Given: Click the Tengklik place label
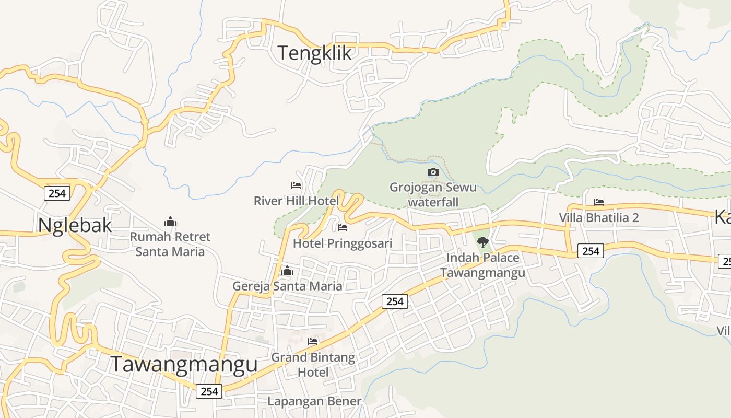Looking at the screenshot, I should coord(314,53).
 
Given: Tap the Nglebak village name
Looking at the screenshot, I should coord(75,225).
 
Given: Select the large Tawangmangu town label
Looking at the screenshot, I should coord(184,365).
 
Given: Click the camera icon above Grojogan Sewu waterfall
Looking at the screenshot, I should coord(433,172).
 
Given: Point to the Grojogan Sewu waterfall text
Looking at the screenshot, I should coord(433,194).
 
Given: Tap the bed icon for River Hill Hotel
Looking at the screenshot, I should coord(296,185).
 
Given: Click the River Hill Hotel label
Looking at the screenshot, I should coord(296,201).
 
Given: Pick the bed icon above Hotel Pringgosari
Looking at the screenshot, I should coord(343,228).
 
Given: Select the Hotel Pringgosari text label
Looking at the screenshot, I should coord(343,243).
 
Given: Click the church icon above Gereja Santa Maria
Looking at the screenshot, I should coord(287,271).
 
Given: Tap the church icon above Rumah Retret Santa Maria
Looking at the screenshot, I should coord(170,222).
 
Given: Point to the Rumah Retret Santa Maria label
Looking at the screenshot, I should coord(170,244).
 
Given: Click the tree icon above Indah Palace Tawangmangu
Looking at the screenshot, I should coord(482,242).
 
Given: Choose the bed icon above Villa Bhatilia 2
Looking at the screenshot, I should coord(599,202).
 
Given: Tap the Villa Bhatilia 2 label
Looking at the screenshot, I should coord(599,218).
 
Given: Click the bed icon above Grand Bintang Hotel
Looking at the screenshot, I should coord(313,342).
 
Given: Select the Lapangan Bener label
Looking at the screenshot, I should coord(314,401).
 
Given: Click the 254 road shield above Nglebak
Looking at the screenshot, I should coord(57,193).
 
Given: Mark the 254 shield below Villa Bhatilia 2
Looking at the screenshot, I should coord(591,251).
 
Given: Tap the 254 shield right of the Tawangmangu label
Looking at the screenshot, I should coord(209,391).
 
